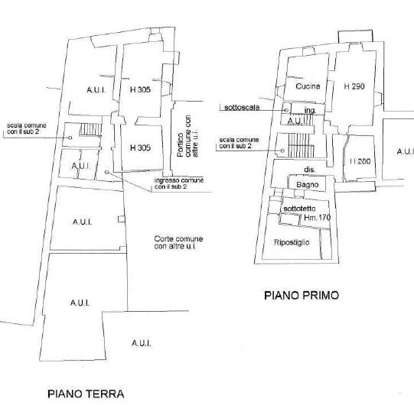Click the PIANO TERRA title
click(86, 394)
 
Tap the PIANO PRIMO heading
click(302, 295)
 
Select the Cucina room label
click(308, 86)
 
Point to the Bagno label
click(308, 185)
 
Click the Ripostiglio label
click(292, 242)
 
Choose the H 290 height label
click(354, 86)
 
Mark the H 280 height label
click(360, 161)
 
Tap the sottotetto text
click(299, 209)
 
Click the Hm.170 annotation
click(317, 217)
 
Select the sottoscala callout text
click(242, 107)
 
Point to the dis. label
click(310, 170)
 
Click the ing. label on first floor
click(311, 110)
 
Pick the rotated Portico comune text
click(187, 136)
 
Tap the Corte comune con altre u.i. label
click(178, 242)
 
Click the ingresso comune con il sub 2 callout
click(179, 183)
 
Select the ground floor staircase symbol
click(90, 129)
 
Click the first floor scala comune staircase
click(301, 145)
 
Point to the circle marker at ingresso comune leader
click(106, 172)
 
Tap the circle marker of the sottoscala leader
click(285, 111)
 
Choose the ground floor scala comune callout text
click(27, 128)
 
